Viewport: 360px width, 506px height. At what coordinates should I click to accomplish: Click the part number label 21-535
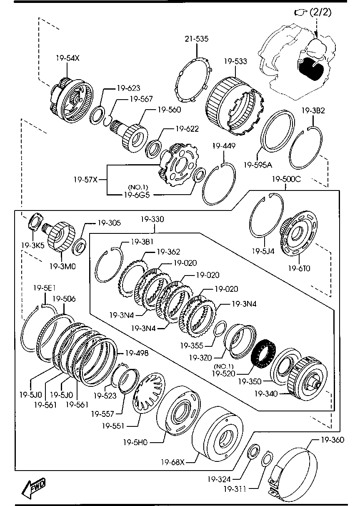click(x=197, y=39)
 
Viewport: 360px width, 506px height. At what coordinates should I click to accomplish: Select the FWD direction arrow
click(x=34, y=487)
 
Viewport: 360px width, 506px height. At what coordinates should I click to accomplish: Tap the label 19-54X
click(x=67, y=58)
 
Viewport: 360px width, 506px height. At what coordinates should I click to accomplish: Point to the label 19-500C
click(x=285, y=180)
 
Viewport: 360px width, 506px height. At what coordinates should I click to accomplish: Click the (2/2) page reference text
click(x=320, y=13)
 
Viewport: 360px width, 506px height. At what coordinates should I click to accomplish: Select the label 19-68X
click(x=172, y=462)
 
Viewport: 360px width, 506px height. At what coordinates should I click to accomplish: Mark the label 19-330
click(x=152, y=219)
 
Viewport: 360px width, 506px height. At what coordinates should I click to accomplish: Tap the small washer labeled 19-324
click(x=252, y=452)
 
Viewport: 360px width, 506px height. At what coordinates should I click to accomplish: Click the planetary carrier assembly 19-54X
click(x=70, y=100)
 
